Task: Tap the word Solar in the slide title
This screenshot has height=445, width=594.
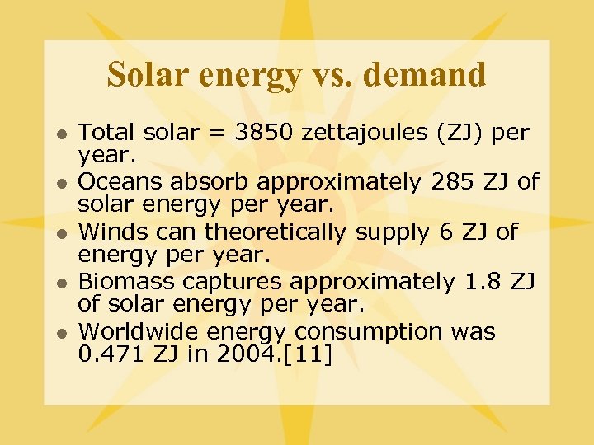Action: [142, 75]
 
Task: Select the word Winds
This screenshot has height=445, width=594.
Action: [114, 232]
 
